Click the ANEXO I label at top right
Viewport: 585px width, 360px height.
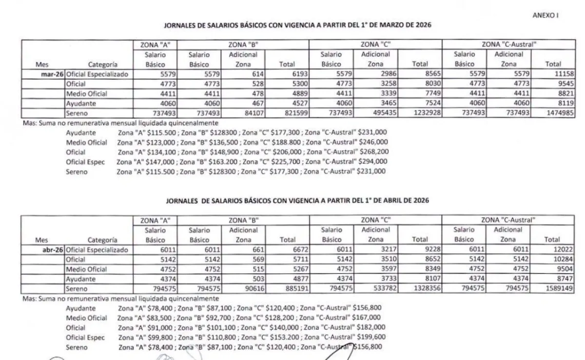click(x=545, y=15)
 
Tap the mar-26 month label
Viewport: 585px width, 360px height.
click(x=51, y=75)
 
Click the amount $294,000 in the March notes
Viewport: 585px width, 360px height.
click(x=373, y=162)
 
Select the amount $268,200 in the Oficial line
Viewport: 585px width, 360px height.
click(x=373, y=152)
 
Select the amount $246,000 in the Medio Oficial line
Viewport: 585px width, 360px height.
click(x=373, y=142)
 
